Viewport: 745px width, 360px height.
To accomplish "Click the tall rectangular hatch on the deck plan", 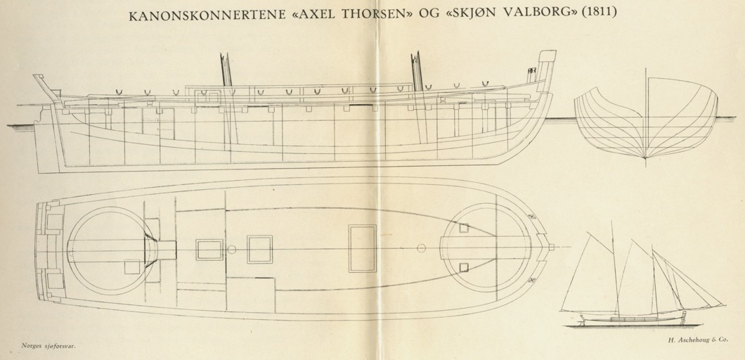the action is pos(363,249).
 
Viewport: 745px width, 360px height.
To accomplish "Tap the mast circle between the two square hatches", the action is pos(232,249).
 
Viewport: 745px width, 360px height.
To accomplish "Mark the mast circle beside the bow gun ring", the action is pos(421,247).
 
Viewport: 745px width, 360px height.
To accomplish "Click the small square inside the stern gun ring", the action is pos(132,266).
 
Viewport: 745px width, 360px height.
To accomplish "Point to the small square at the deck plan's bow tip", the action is pos(551,247).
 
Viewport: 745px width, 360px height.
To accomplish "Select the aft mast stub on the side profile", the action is pos(226,70).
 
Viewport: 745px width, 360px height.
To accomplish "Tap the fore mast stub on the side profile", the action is pos(417,71).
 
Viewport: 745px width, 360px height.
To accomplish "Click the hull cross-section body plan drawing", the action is pos(646,118).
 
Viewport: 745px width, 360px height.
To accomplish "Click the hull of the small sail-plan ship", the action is pos(633,319).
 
